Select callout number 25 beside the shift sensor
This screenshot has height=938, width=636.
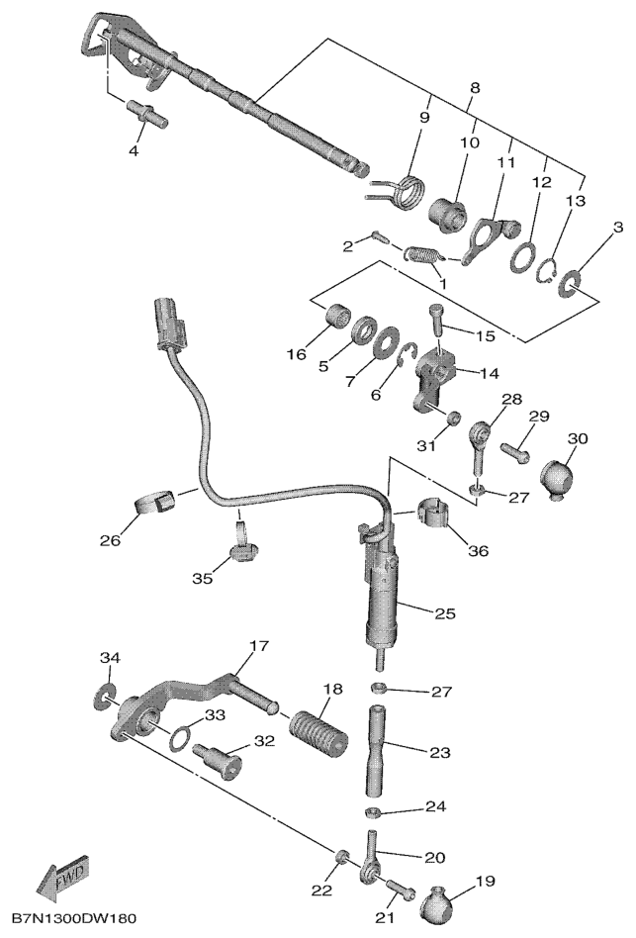pos(445,613)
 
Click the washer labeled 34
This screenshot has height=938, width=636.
pos(105,697)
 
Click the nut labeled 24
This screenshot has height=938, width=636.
pos(372,812)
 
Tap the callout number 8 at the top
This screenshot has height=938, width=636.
pos(475,87)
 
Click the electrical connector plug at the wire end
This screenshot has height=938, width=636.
pos(169,322)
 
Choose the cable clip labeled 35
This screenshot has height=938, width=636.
pos(241,544)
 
